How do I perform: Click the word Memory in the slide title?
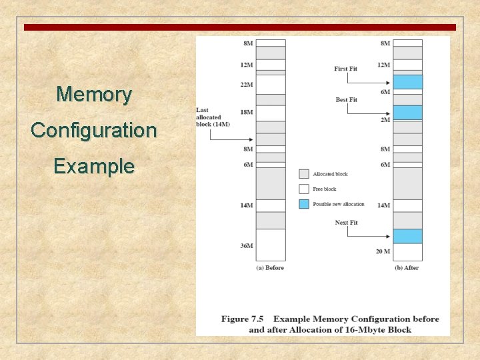[x=94, y=94]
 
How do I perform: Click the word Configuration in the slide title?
[x=94, y=129]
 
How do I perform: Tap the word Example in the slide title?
[x=94, y=165]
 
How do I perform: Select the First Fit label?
[x=345, y=69]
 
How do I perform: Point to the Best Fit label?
[x=346, y=100]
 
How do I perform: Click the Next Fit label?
[x=346, y=223]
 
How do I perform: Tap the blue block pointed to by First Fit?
[x=407, y=82]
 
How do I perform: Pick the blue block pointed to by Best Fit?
[x=407, y=113]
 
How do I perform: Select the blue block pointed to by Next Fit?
[x=407, y=236]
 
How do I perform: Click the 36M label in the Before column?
[x=247, y=246]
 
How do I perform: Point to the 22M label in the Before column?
[x=247, y=85]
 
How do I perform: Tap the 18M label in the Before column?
[x=247, y=112]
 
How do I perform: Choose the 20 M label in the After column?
[x=382, y=251]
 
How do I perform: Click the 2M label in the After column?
[x=385, y=120]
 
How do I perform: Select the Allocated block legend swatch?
[x=304, y=174]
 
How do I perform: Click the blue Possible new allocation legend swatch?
[x=304, y=203]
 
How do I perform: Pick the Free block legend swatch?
[x=304, y=189]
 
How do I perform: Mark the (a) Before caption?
[x=270, y=268]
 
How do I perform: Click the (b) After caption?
[x=407, y=268]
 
